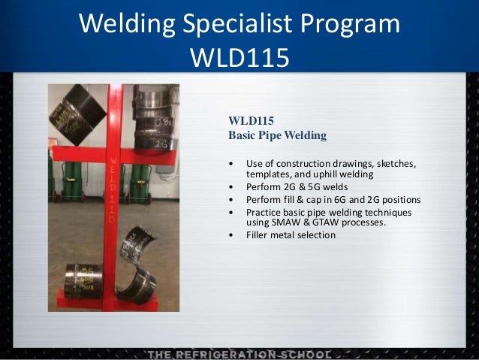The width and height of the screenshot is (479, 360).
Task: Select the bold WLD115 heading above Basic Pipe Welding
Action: (x=250, y=120)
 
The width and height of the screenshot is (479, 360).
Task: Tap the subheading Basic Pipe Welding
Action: (x=277, y=136)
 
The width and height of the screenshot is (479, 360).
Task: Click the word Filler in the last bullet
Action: (x=258, y=235)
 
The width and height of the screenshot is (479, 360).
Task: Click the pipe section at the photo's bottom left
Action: (x=83, y=281)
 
